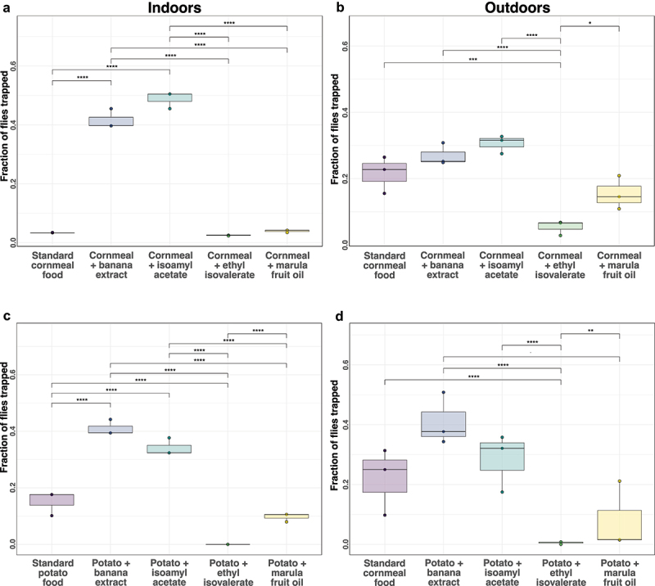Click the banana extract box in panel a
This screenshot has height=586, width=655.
(x=111, y=121)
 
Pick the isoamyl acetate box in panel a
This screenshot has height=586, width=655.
(x=169, y=97)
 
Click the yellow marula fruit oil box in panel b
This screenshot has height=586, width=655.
(x=619, y=194)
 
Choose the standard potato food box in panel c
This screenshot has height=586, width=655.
(x=52, y=499)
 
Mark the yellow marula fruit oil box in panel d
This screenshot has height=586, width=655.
(x=619, y=524)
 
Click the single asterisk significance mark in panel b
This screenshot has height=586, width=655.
(x=590, y=23)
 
